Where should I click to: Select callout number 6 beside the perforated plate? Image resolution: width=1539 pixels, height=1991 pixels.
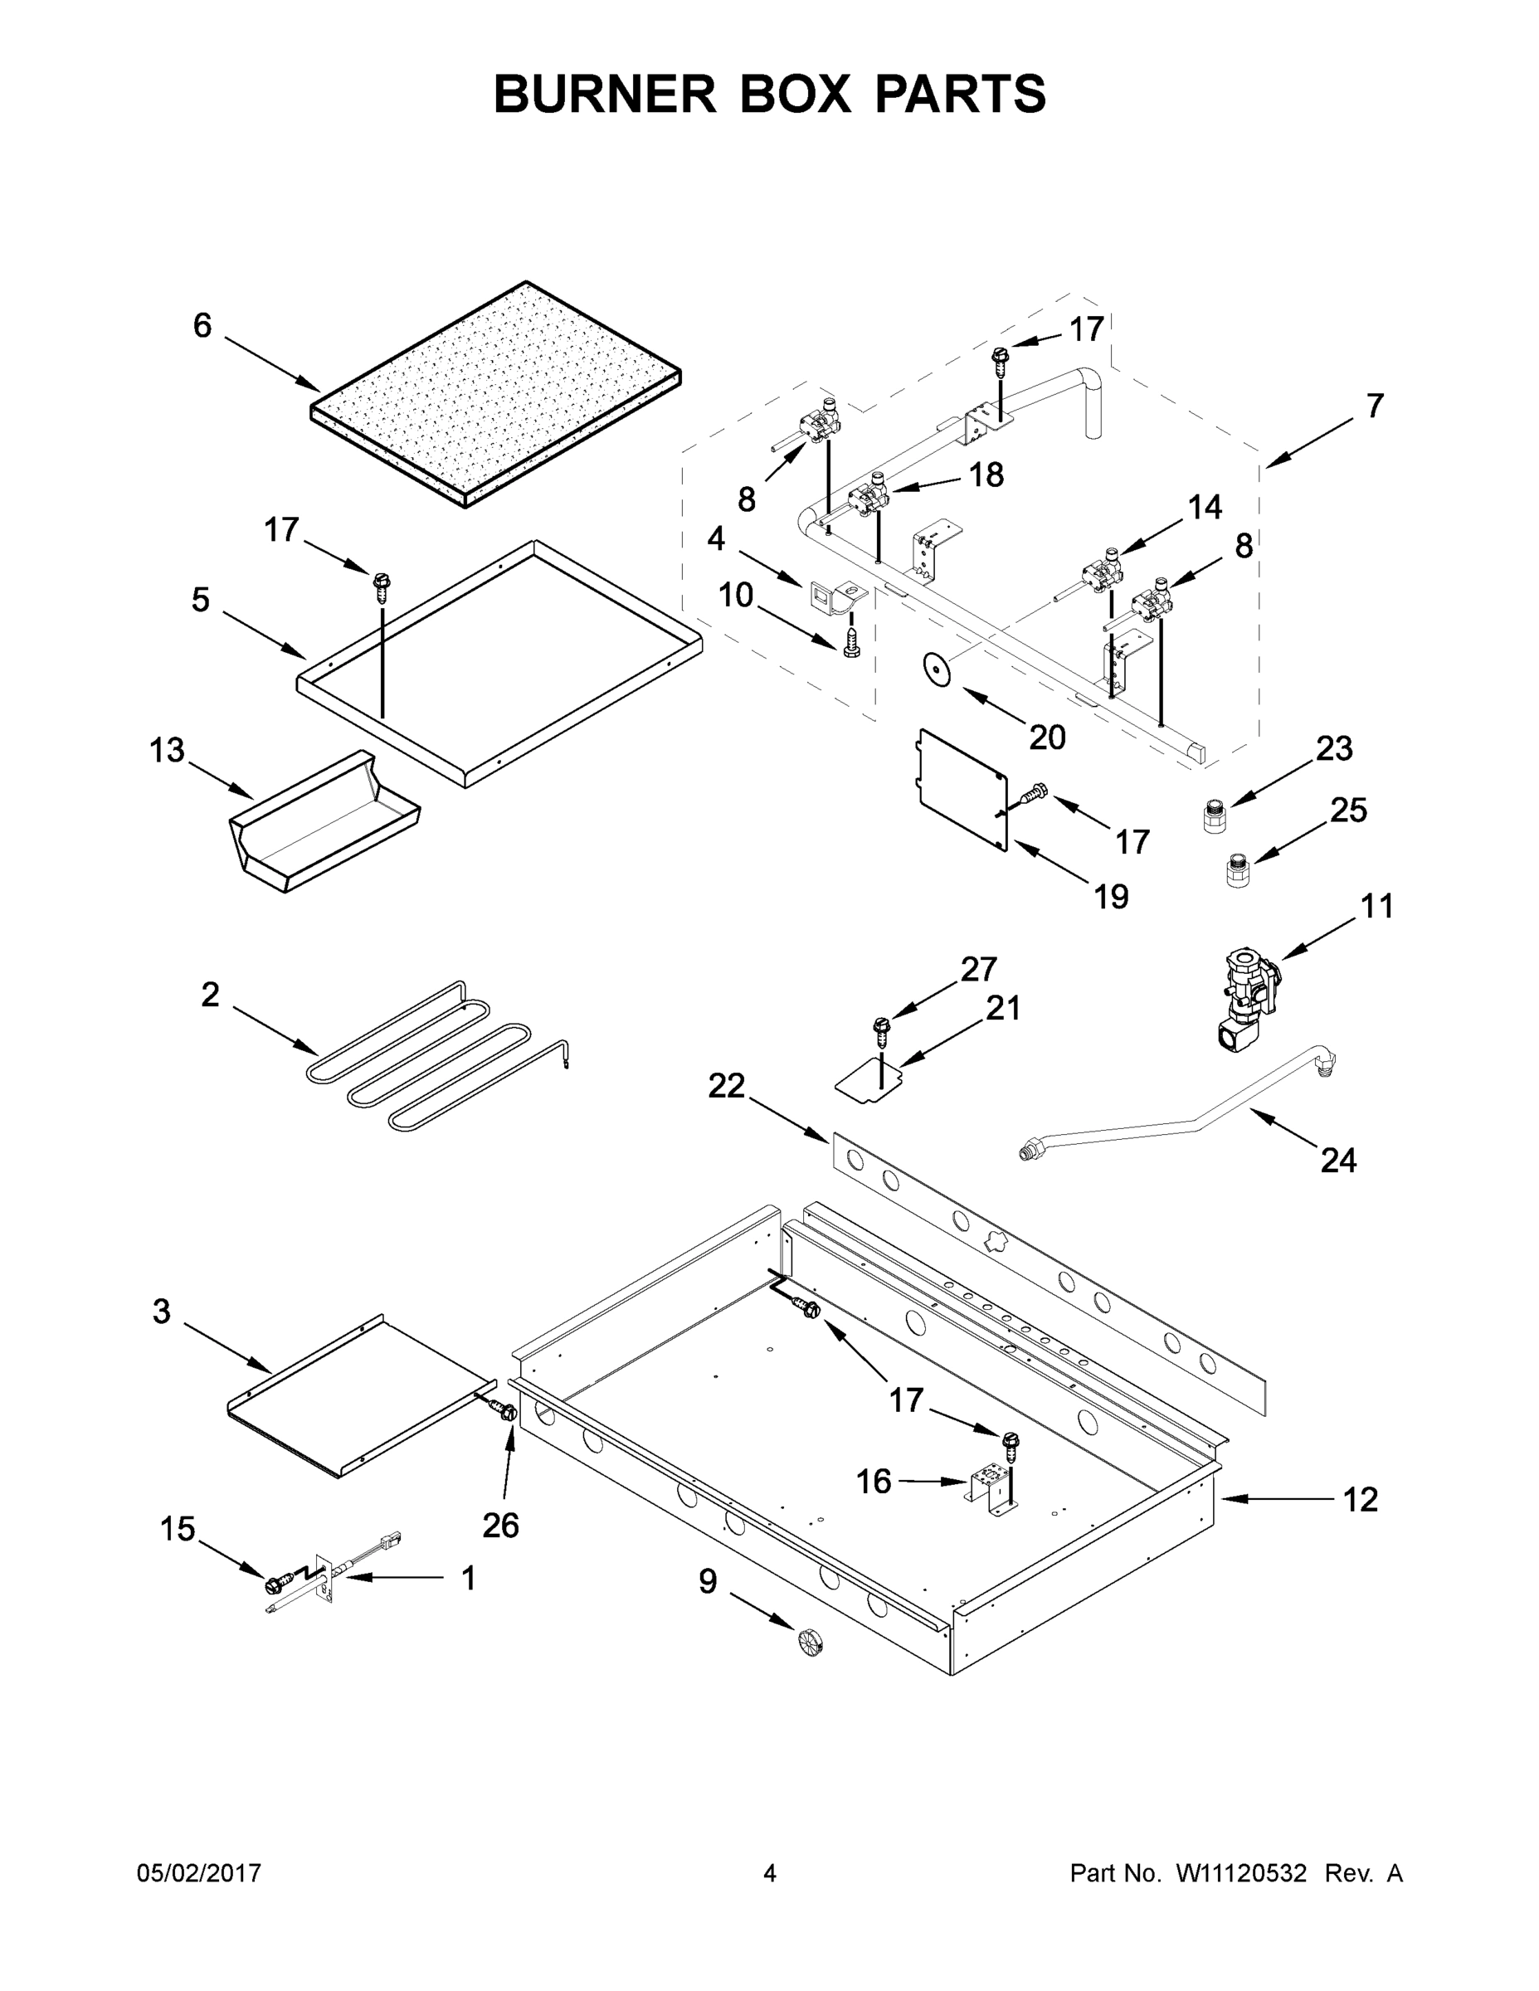click(x=202, y=325)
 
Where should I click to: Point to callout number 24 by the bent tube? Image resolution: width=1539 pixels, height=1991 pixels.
click(x=1337, y=1160)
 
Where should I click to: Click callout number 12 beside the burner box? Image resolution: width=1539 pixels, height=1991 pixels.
click(x=1361, y=1499)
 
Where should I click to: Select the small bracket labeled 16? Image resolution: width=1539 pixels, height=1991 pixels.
click(x=989, y=1492)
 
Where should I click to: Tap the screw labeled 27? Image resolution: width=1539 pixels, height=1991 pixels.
click(x=881, y=1030)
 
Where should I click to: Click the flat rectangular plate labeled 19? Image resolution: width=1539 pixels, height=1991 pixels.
click(x=962, y=789)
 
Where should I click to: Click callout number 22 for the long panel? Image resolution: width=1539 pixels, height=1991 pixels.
click(x=727, y=1085)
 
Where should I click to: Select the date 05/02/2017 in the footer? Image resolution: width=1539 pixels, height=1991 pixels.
click(x=199, y=1872)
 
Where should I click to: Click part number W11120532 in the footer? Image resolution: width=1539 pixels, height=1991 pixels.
click(x=1241, y=1872)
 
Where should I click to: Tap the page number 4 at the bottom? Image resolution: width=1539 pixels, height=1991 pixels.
click(x=770, y=1872)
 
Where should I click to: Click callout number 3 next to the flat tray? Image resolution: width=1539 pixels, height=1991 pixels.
click(x=162, y=1311)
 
